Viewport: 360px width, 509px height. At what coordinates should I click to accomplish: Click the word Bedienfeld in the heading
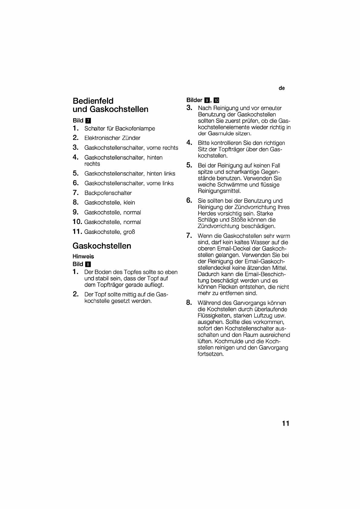[93, 101]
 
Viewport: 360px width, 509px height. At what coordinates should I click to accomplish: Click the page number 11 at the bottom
[286, 423]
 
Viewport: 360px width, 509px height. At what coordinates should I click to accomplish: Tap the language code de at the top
[282, 88]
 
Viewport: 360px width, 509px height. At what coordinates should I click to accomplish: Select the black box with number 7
[88, 121]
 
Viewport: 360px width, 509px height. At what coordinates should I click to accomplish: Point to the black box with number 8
[88, 264]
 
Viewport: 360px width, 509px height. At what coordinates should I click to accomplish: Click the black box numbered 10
[216, 100]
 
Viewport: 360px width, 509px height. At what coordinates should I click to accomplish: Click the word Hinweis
[83, 256]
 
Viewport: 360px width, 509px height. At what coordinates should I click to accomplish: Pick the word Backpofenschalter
[108, 193]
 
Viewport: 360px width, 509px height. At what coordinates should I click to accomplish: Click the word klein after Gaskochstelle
[129, 203]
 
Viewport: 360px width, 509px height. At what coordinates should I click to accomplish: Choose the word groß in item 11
[129, 232]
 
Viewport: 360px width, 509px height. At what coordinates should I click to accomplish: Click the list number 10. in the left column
[77, 222]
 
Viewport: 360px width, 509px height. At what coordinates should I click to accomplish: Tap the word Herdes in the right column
[207, 213]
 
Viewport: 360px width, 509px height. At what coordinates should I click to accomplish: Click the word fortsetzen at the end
[210, 354]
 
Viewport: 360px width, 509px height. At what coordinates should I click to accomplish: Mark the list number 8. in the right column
[189, 303]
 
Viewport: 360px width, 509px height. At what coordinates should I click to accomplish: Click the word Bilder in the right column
[194, 100]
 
